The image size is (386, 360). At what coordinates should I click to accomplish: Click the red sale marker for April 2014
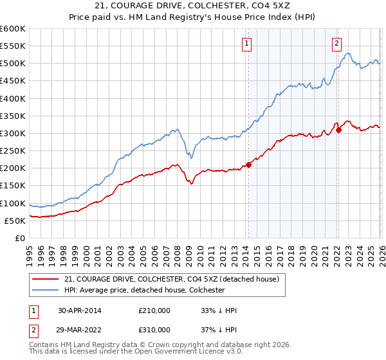[248, 165]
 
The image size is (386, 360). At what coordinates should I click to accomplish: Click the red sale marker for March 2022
[338, 130]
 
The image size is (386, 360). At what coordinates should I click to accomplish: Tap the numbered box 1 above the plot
[247, 44]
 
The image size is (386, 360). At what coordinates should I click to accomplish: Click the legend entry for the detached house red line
[171, 279]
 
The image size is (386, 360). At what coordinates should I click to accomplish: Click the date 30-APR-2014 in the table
[79, 310]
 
